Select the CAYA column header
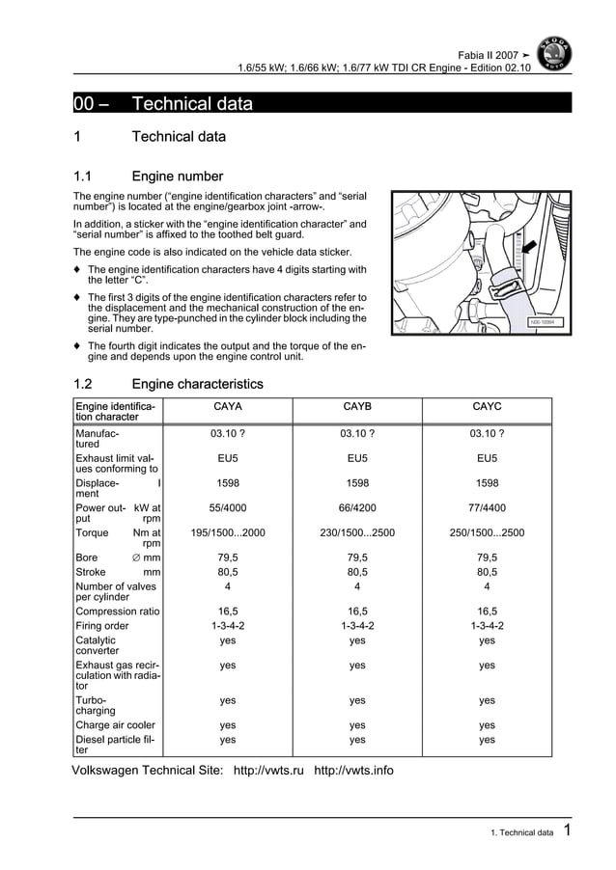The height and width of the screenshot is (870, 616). [227, 407]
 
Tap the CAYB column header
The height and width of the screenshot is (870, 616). [357, 407]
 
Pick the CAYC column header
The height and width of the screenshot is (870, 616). [487, 407]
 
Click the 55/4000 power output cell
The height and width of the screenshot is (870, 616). [227, 505]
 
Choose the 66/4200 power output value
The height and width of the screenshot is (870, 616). [357, 505]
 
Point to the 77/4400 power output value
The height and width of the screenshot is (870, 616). [487, 505]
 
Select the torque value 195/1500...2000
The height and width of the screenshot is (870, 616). [227, 531]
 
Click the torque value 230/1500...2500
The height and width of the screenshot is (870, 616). [357, 531]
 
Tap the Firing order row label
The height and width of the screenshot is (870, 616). [101, 625]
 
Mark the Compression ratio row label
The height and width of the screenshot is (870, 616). [118, 611]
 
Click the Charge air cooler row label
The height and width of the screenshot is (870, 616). [115, 724]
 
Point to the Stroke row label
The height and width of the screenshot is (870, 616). [91, 571]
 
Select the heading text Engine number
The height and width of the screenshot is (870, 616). [178, 177]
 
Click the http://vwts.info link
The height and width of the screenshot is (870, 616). [354, 770]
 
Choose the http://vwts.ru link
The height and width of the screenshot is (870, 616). [269, 770]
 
